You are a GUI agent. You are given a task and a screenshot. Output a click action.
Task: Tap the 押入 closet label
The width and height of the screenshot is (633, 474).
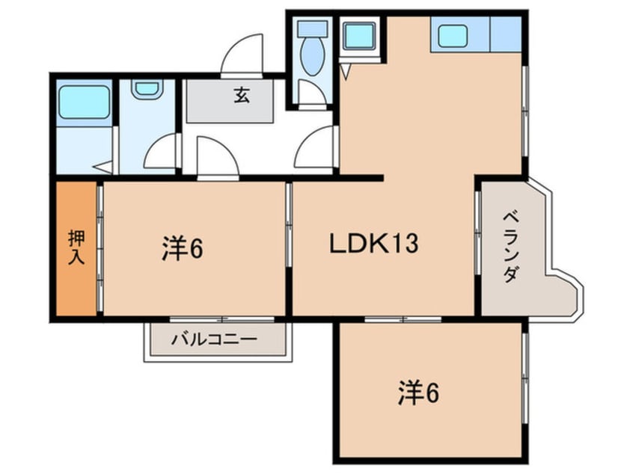click(76, 247)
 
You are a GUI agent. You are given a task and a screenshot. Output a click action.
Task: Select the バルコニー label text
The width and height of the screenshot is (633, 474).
click(214, 338)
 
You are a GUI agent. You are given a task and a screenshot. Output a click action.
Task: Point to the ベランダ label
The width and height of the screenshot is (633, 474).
click(510, 247)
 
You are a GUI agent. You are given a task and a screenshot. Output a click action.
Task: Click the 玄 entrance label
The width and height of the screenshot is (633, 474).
click(241, 96)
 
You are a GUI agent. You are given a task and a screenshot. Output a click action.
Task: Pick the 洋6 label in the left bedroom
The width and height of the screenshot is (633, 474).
click(183, 249)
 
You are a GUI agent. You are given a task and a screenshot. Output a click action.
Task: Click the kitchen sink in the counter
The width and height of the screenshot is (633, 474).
click(453, 34)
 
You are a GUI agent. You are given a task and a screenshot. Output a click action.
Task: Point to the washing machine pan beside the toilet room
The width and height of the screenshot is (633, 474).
click(359, 35)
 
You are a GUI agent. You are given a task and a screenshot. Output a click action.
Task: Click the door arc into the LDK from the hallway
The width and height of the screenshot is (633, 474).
click(316, 148)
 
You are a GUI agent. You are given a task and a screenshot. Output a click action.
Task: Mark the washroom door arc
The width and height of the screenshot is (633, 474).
click(160, 154)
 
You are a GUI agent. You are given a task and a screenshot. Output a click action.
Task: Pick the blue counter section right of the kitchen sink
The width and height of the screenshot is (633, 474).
click(505, 34)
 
